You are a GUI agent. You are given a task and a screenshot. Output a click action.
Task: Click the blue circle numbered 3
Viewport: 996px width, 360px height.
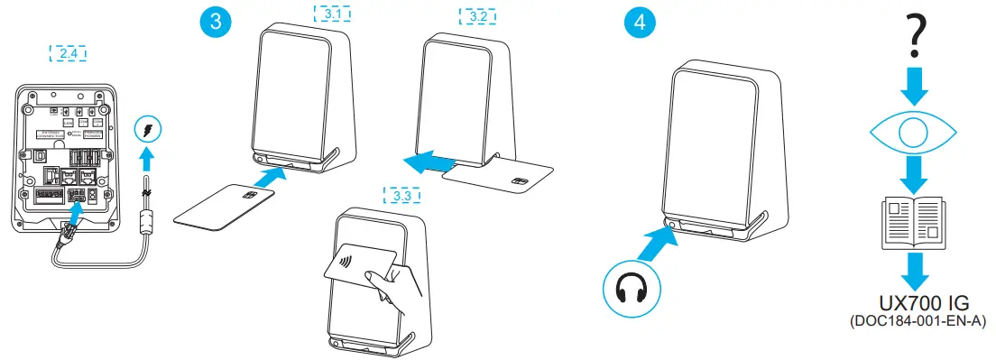(215, 23)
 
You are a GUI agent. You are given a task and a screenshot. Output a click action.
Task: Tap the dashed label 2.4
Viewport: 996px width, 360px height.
(67, 53)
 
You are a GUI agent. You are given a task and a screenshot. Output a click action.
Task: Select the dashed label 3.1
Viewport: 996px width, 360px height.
(333, 14)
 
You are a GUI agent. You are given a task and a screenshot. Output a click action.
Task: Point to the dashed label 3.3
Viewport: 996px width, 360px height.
(402, 193)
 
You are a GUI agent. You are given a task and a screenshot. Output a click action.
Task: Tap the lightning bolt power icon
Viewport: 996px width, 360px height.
(149, 132)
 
